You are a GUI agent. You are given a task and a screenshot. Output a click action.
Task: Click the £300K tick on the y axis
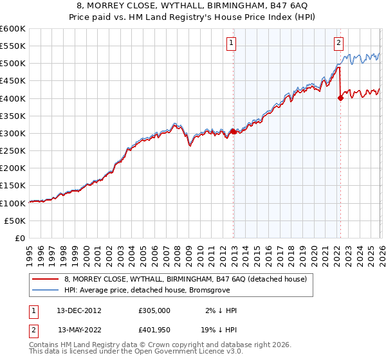point(13,133)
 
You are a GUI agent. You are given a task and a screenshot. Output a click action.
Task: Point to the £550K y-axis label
point(13,46)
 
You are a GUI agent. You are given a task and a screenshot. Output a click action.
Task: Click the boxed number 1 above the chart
point(230,44)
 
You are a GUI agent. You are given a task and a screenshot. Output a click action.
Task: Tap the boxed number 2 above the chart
point(338,44)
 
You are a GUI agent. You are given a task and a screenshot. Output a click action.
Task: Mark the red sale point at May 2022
point(340,98)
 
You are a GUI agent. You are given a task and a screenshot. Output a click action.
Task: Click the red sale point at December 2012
point(233,131)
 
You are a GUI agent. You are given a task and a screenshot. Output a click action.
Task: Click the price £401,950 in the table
point(154,329)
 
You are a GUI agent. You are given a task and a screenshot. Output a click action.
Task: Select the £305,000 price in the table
point(154,310)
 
